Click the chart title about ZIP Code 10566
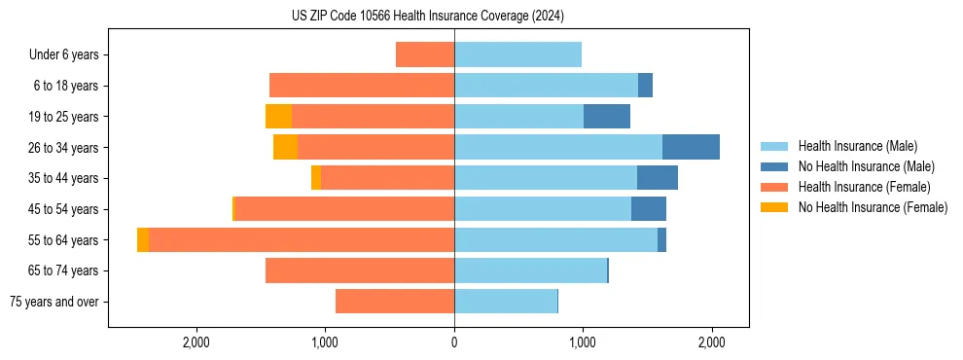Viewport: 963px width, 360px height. [428, 17]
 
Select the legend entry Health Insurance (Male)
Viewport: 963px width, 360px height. [857, 147]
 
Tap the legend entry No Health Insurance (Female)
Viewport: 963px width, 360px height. [873, 207]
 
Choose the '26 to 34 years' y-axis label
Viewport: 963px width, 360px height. [64, 147]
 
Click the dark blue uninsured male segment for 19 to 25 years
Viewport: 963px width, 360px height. [607, 116]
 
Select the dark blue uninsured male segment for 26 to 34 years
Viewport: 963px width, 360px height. [691, 147]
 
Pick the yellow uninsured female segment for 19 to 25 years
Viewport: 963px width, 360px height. [278, 116]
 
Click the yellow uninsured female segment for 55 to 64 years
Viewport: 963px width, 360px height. [143, 239]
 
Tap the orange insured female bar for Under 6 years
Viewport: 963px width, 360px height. [425, 54]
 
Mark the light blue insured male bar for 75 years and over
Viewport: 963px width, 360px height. [506, 302]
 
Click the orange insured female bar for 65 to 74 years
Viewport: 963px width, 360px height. [360, 270]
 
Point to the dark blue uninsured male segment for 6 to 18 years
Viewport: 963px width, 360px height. [645, 86]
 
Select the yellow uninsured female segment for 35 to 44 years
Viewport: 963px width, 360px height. [316, 178]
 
